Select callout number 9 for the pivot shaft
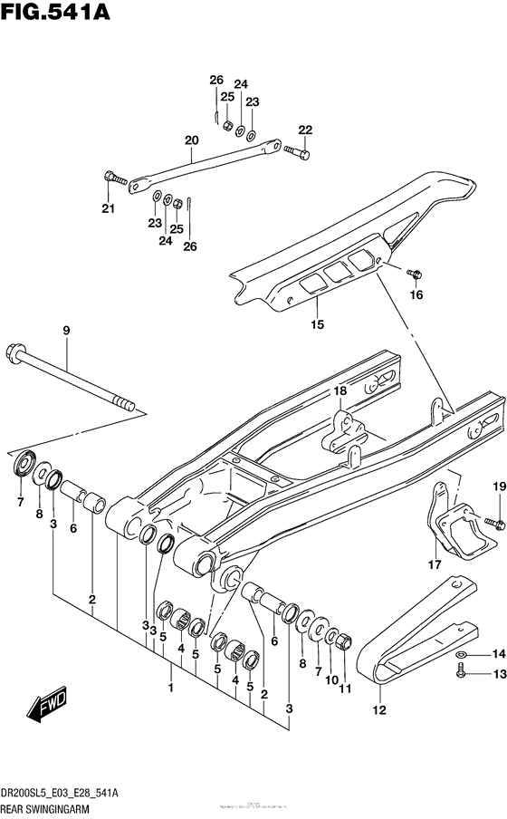tap(65, 331)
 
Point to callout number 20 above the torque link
tap(190, 140)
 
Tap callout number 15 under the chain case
tap(317, 324)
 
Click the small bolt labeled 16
tap(415, 272)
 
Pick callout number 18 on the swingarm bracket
tap(339, 391)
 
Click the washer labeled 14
tap(462, 653)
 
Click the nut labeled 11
tap(344, 642)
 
